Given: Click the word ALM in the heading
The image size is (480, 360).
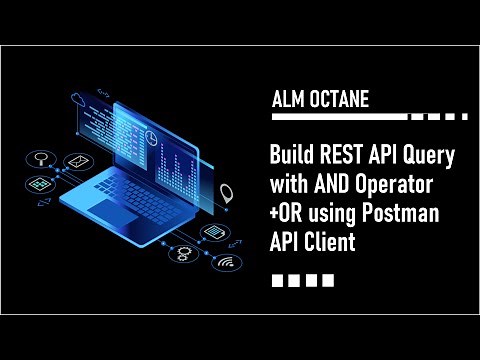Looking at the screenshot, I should pyautogui.click(x=287, y=100).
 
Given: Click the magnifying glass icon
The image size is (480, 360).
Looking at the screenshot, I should pyautogui.click(x=41, y=157).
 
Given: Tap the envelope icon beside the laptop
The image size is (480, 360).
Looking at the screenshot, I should pyautogui.click(x=76, y=161).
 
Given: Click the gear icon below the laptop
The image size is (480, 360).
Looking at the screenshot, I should pyautogui.click(x=183, y=252).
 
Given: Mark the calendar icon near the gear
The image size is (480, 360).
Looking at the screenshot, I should pyautogui.click(x=212, y=232).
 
